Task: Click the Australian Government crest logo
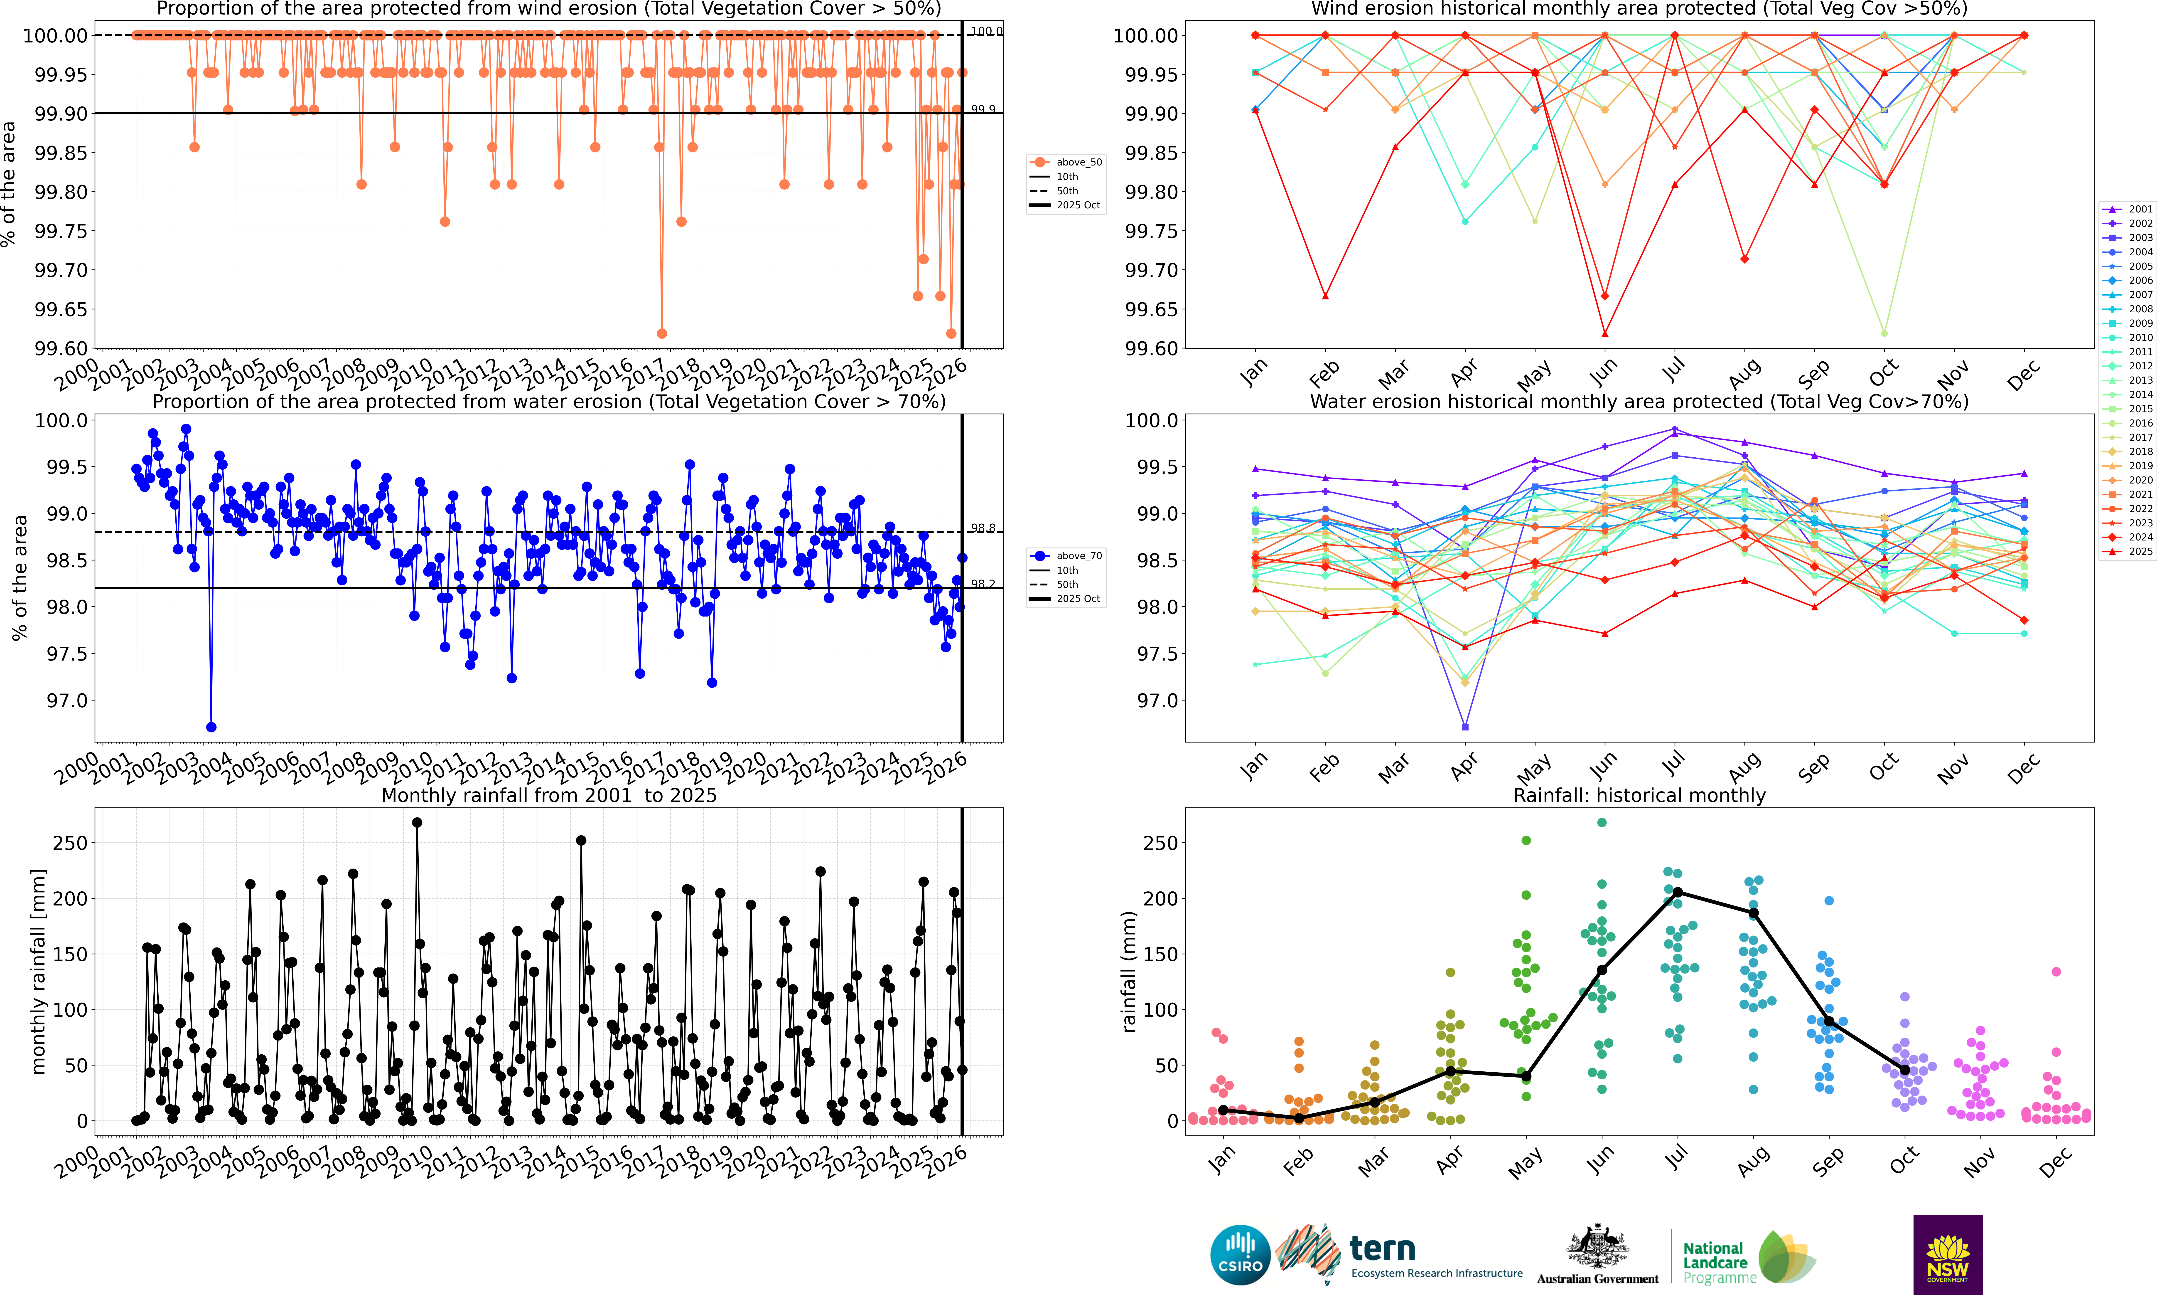(1597, 1254)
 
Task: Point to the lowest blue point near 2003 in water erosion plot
(210, 727)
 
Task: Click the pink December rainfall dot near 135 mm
(2056, 971)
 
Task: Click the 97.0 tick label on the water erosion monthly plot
(1151, 701)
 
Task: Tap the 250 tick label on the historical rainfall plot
(1160, 843)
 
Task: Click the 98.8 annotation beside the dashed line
(983, 528)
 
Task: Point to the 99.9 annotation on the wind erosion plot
(983, 109)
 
